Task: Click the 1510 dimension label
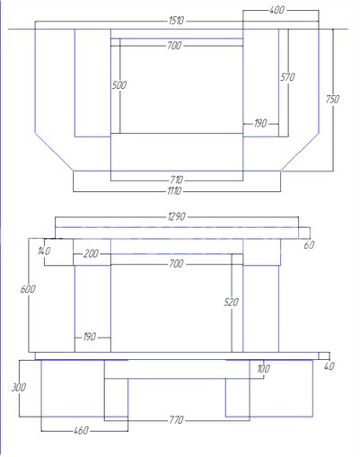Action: pyautogui.click(x=176, y=21)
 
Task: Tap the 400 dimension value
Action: pyautogui.click(x=277, y=10)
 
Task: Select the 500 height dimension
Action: pyautogui.click(x=119, y=85)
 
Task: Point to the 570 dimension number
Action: pyautogui.click(x=287, y=77)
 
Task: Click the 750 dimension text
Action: pyautogui.click(x=332, y=99)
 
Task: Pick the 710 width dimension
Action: pyautogui.click(x=176, y=180)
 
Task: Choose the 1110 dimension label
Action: pyautogui.click(x=174, y=190)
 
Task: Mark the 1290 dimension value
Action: pyautogui.click(x=177, y=216)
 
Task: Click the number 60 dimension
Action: pyautogui.click(x=309, y=245)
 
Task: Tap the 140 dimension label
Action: pyautogui.click(x=44, y=250)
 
